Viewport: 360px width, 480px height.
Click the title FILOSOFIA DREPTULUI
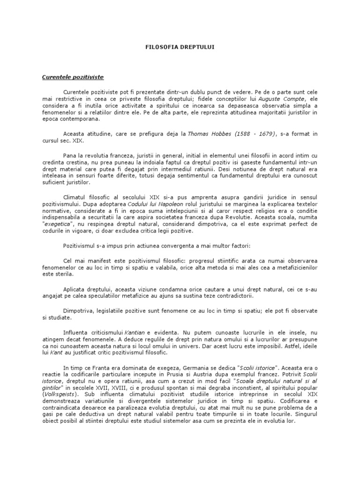[180, 48]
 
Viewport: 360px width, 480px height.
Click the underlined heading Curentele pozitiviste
[73, 76]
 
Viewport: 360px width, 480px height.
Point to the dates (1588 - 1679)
[253, 134]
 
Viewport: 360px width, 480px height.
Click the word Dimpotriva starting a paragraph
[78, 310]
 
